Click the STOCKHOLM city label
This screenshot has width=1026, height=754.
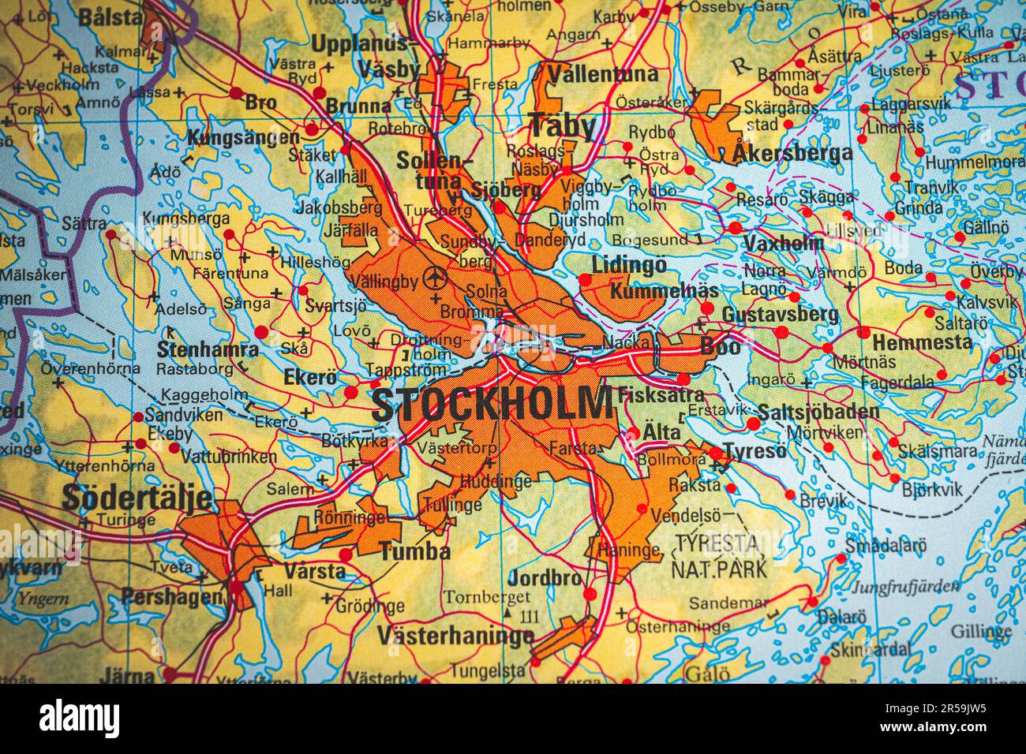coord(491,404)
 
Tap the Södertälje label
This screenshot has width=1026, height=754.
coord(137,498)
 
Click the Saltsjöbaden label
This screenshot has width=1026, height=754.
coord(818,412)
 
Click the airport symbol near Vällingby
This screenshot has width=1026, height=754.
coord(432,277)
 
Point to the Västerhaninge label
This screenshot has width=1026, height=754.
coord(455,635)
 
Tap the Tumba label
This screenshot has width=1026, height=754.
coord(415,551)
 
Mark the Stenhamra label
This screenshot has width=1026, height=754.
coord(208,349)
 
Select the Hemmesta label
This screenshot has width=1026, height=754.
coord(922,342)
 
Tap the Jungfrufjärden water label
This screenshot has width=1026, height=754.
coord(906,586)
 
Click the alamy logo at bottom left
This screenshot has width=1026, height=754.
coord(80,719)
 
